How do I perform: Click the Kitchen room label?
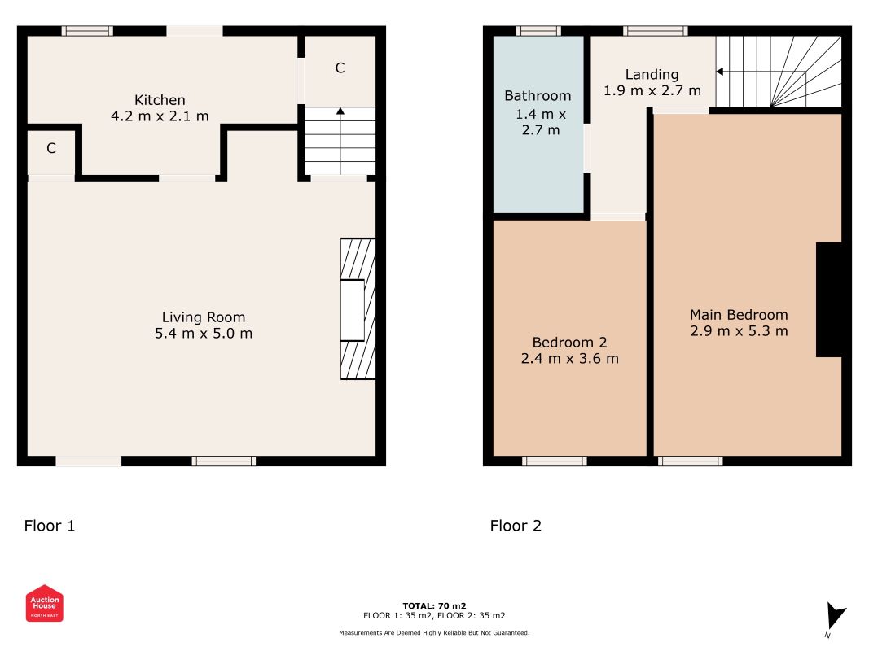pyautogui.click(x=160, y=100)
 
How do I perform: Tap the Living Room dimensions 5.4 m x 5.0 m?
pyautogui.click(x=204, y=334)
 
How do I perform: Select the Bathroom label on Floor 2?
pyautogui.click(x=538, y=96)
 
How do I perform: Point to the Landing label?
pyautogui.click(x=652, y=75)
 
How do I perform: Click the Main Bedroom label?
pyautogui.click(x=739, y=315)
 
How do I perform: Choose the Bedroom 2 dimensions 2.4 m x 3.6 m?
pyautogui.click(x=570, y=359)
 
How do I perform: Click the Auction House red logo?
pyautogui.click(x=44, y=603)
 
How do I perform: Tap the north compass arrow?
pyautogui.click(x=836, y=615)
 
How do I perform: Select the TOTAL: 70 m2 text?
pyautogui.click(x=434, y=606)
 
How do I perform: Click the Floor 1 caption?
pyautogui.click(x=50, y=526)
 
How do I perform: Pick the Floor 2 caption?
pyautogui.click(x=516, y=526)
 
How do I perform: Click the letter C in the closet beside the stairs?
pyautogui.click(x=340, y=68)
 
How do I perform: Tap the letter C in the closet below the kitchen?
pyautogui.click(x=51, y=148)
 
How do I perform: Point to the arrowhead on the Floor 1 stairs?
pyautogui.click(x=340, y=111)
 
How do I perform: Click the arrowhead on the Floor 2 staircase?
pyautogui.click(x=719, y=72)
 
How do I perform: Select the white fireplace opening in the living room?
pyautogui.click(x=353, y=310)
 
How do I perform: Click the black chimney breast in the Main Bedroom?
pyautogui.click(x=829, y=299)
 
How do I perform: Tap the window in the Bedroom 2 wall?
pyautogui.click(x=554, y=461)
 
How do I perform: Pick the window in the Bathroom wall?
pyautogui.click(x=538, y=31)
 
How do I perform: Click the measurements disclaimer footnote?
pyautogui.click(x=434, y=633)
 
